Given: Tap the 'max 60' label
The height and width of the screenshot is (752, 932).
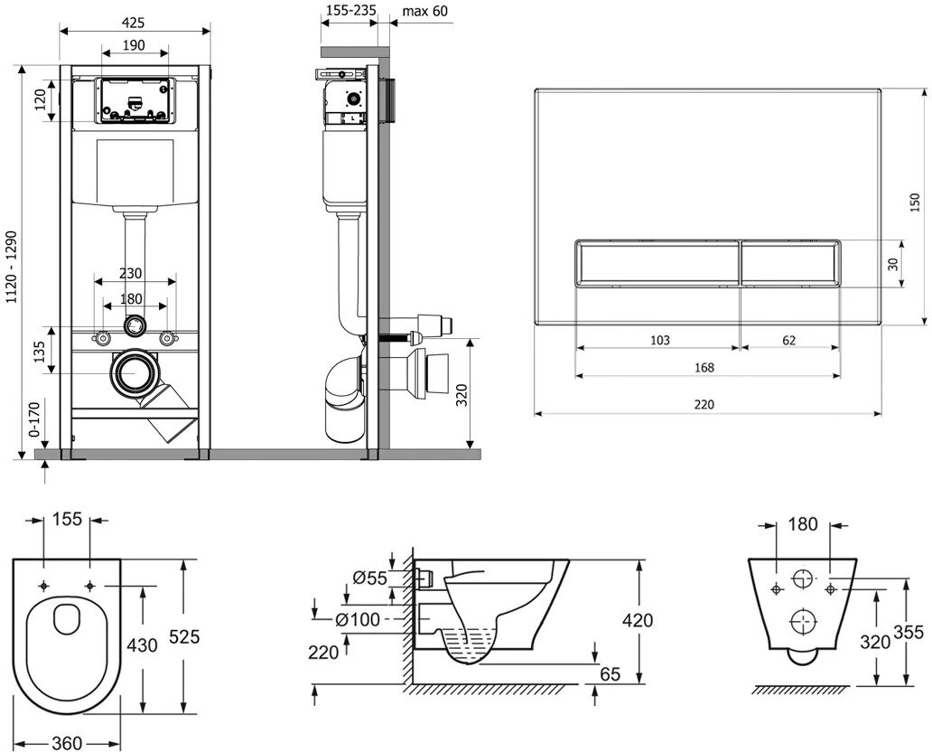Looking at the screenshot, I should (424, 10).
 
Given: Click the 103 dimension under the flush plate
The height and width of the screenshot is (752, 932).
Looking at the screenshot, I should (659, 340).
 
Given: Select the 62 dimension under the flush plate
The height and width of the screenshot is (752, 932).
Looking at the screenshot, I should (788, 340).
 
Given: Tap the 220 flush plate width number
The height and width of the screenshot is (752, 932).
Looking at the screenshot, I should (704, 404).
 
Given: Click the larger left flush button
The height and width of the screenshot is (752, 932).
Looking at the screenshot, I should (657, 262).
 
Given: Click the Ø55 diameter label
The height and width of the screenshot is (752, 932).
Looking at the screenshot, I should (369, 578).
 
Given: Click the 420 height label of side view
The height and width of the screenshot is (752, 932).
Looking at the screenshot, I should (638, 620).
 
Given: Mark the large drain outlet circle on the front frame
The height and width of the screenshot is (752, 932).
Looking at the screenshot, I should (135, 372).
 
